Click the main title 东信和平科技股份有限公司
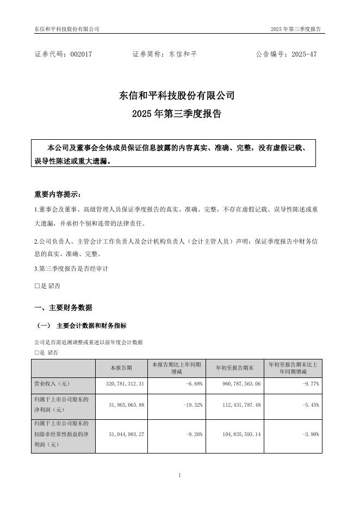click(177, 96)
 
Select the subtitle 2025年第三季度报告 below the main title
click(177, 114)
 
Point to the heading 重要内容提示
click(57, 194)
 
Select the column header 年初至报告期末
click(235, 368)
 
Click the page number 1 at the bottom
click(179, 475)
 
